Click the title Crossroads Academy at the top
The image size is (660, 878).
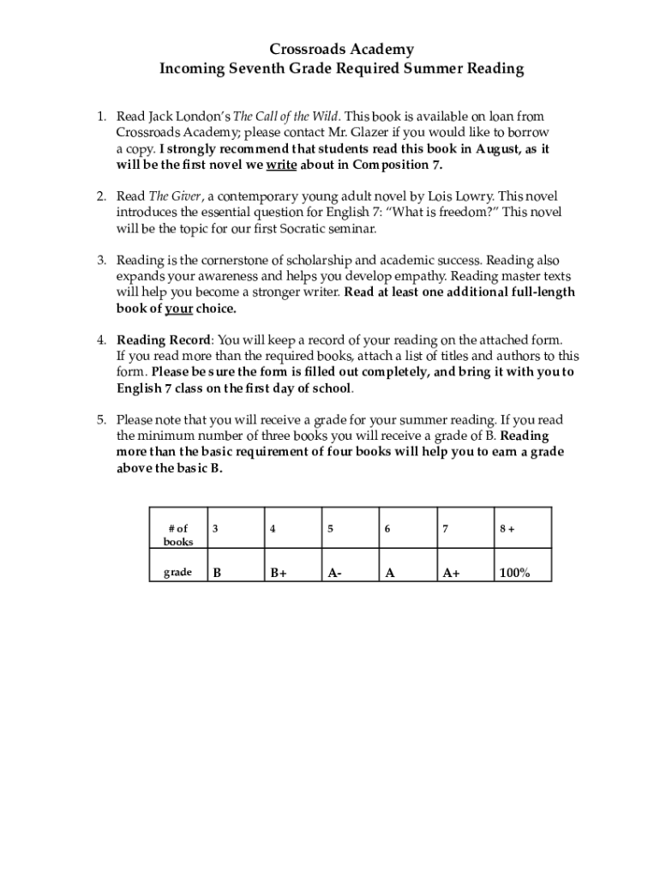[x=341, y=50]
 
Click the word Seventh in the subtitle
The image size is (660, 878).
[x=273, y=69]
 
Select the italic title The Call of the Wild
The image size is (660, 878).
[x=286, y=116]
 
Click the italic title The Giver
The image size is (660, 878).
[x=169, y=196]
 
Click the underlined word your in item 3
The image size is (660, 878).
[x=178, y=309]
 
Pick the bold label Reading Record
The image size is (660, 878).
[x=163, y=340]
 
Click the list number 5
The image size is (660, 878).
[x=100, y=420]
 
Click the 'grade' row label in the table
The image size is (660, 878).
[x=177, y=572]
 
